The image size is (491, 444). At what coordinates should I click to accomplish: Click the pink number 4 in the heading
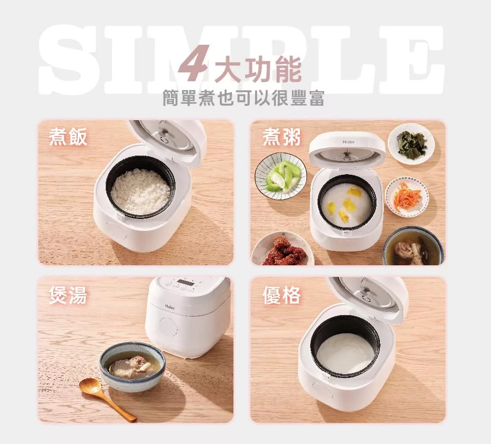click(x=194, y=63)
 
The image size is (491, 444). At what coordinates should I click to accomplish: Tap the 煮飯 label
click(x=68, y=137)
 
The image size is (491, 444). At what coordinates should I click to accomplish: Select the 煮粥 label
click(x=282, y=137)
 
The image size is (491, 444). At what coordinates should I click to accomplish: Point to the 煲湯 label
click(x=68, y=295)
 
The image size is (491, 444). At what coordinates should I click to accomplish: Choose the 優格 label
click(x=282, y=295)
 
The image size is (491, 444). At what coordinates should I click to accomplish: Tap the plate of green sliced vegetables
click(x=281, y=176)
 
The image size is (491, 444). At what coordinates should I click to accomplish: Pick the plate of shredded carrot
click(x=406, y=196)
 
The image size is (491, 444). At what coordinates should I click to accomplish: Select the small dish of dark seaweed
click(x=411, y=144)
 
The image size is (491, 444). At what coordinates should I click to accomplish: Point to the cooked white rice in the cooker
click(x=141, y=191)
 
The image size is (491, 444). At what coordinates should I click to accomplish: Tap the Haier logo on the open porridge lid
click(x=348, y=142)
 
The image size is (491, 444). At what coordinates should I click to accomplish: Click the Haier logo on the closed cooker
click(x=170, y=306)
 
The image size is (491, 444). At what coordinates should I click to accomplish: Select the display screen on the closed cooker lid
click(x=185, y=282)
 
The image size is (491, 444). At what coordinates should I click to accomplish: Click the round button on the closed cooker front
click(x=170, y=327)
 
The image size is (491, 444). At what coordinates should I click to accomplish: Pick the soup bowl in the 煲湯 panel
click(x=133, y=366)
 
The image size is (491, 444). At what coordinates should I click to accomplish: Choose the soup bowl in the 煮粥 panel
click(x=413, y=246)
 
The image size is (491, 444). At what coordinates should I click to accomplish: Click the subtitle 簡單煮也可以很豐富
click(x=243, y=97)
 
